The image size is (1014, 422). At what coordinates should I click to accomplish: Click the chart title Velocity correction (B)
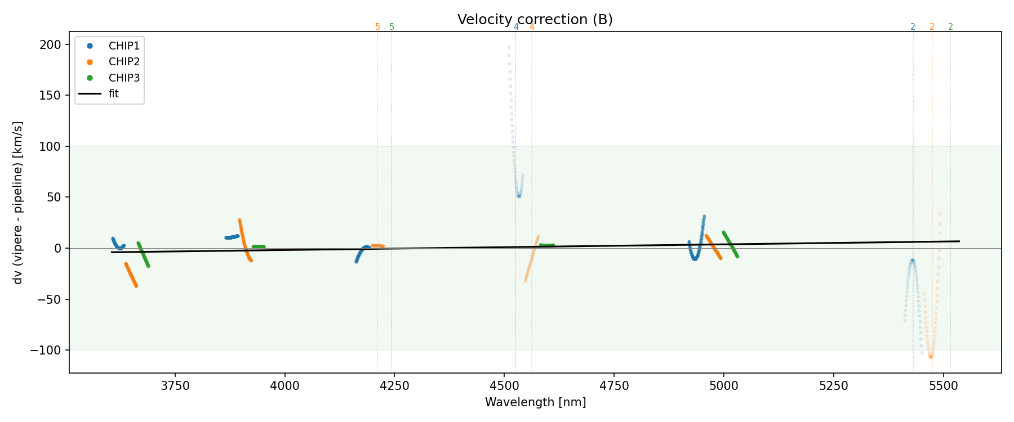[x=535, y=20]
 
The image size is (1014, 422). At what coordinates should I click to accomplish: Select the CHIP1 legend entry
[x=124, y=46]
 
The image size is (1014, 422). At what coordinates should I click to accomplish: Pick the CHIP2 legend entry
[x=124, y=62]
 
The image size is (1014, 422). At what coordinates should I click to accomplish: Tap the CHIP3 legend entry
[x=124, y=78]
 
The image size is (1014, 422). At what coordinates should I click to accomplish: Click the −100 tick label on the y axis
[x=50, y=351]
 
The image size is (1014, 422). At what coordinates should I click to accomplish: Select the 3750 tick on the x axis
[x=175, y=386]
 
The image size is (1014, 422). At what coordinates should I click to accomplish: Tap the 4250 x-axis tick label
[x=394, y=386]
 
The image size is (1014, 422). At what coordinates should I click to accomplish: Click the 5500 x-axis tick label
[x=943, y=386]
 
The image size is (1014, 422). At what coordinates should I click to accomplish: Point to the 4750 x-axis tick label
[x=614, y=386]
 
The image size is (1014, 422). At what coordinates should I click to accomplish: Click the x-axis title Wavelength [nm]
[x=535, y=402]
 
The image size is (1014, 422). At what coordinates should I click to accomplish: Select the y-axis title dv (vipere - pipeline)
[x=18, y=203]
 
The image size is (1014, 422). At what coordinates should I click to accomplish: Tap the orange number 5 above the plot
[x=377, y=27]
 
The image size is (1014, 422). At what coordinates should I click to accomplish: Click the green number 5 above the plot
[x=392, y=27]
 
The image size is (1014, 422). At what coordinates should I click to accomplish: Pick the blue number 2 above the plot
[x=913, y=27]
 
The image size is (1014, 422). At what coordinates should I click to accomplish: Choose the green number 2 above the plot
[x=950, y=27]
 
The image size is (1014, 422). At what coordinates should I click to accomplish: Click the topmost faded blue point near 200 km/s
[x=509, y=48]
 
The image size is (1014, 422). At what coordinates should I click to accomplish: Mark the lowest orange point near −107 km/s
[x=931, y=357]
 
